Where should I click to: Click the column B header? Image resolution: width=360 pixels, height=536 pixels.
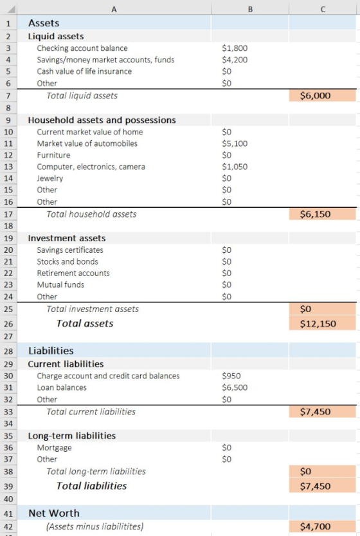pyautogui.click(x=250, y=9)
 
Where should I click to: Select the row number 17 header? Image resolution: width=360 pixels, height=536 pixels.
pyautogui.click(x=8, y=214)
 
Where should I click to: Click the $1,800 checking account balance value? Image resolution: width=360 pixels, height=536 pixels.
pyautogui.click(x=235, y=48)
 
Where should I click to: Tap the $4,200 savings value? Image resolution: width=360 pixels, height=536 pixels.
pyautogui.click(x=235, y=60)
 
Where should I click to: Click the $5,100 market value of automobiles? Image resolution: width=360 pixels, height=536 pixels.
pyautogui.click(x=235, y=143)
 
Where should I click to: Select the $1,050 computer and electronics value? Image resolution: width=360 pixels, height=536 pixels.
pyautogui.click(x=235, y=167)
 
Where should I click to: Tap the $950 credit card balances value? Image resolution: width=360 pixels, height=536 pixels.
pyautogui.click(x=231, y=376)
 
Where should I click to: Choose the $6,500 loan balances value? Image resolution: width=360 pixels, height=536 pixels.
pyautogui.click(x=235, y=387)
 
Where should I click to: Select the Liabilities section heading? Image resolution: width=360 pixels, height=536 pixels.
pyautogui.click(x=51, y=351)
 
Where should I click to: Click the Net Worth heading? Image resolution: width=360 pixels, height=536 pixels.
pyautogui.click(x=54, y=513)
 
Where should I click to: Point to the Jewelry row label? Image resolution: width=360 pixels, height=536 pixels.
pyautogui.click(x=50, y=178)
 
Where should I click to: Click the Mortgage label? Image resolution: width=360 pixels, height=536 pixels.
pyautogui.click(x=54, y=448)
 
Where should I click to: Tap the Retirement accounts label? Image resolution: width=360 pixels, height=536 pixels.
pyautogui.click(x=73, y=273)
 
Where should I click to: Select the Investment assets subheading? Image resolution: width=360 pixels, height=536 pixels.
pyautogui.click(x=67, y=238)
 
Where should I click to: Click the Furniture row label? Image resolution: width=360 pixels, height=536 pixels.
pyautogui.click(x=53, y=155)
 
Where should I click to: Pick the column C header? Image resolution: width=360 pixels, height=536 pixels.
pyautogui.click(x=323, y=9)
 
